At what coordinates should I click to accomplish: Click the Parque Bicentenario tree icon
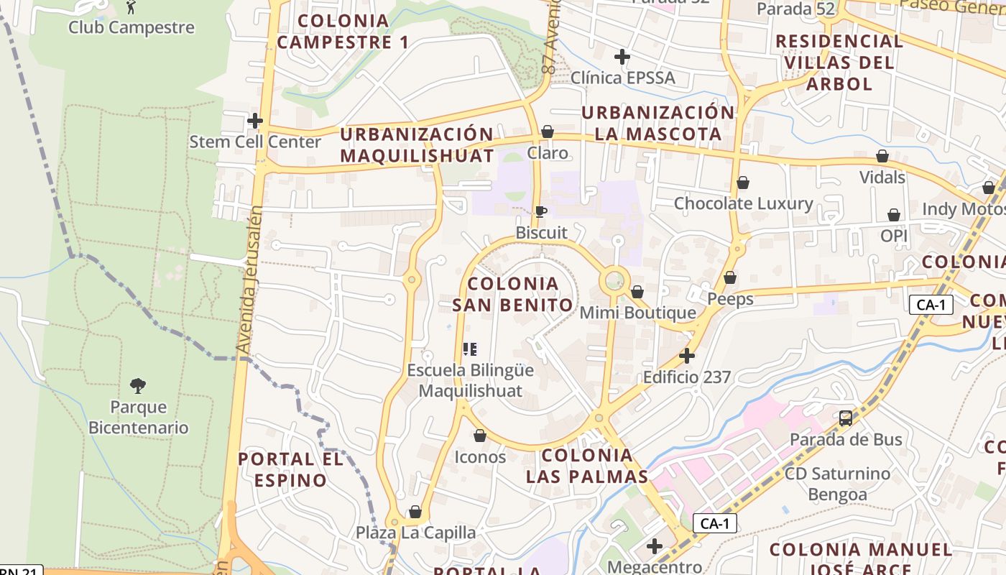(138, 386)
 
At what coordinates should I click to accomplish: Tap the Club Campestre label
(131, 27)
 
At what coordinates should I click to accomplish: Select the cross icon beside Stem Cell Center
(254, 121)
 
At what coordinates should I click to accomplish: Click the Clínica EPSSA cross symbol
(622, 56)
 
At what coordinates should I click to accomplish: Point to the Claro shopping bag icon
(548, 132)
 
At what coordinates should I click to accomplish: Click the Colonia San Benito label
(513, 294)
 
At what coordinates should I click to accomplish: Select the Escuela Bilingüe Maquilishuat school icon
(470, 349)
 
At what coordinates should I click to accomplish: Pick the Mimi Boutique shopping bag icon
(637, 292)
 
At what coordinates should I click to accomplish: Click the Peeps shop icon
(730, 277)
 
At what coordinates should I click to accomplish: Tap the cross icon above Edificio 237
(687, 356)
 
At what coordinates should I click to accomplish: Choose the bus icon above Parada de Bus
(846, 418)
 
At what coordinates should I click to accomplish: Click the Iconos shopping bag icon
(480, 436)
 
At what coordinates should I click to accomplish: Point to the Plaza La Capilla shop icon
(415, 512)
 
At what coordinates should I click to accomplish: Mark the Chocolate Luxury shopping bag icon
(743, 183)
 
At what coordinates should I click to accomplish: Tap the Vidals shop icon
(882, 156)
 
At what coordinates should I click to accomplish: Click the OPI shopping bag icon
(894, 215)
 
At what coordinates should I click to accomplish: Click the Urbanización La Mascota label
(658, 123)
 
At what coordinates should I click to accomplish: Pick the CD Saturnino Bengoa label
(837, 484)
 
